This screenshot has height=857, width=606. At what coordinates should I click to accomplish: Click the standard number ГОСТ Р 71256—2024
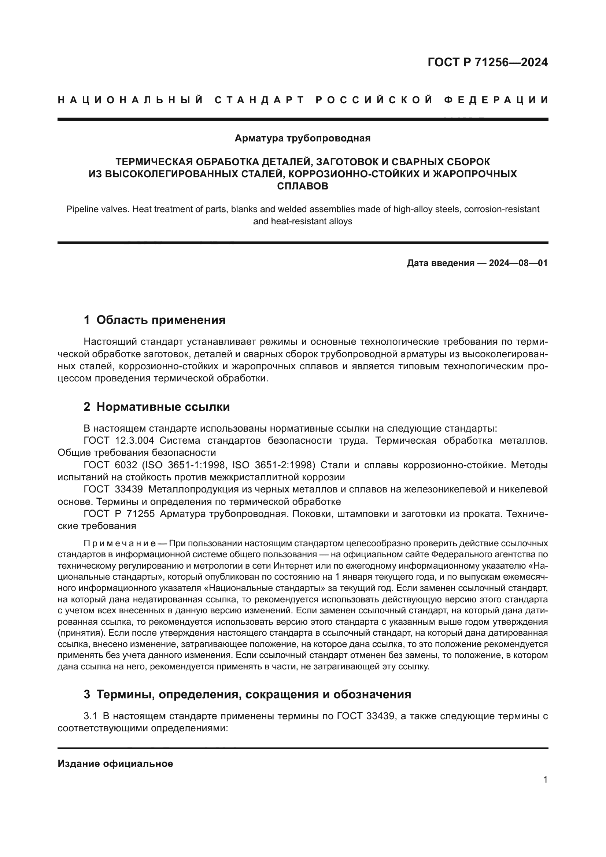pyautogui.click(x=487, y=62)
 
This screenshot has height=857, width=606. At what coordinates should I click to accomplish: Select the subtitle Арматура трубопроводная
pyautogui.click(x=302, y=138)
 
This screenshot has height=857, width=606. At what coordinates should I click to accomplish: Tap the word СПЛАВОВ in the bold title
pyautogui.click(x=303, y=186)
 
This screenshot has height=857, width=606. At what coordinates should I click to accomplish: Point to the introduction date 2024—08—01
pyautogui.click(x=518, y=263)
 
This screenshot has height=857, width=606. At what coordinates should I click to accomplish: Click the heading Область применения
pyautogui.click(x=161, y=320)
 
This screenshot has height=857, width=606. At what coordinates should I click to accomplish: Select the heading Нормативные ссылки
pyautogui.click(x=163, y=407)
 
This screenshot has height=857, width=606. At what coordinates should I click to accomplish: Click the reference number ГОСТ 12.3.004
pyautogui.click(x=119, y=441)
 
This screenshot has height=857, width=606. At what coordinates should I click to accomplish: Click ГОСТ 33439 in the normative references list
pyautogui.click(x=113, y=490)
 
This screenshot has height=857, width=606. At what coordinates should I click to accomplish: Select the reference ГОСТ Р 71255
pyautogui.click(x=119, y=514)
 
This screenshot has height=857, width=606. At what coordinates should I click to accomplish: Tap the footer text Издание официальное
pyautogui.click(x=115, y=764)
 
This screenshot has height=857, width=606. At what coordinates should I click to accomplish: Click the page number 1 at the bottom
pyautogui.click(x=545, y=780)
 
